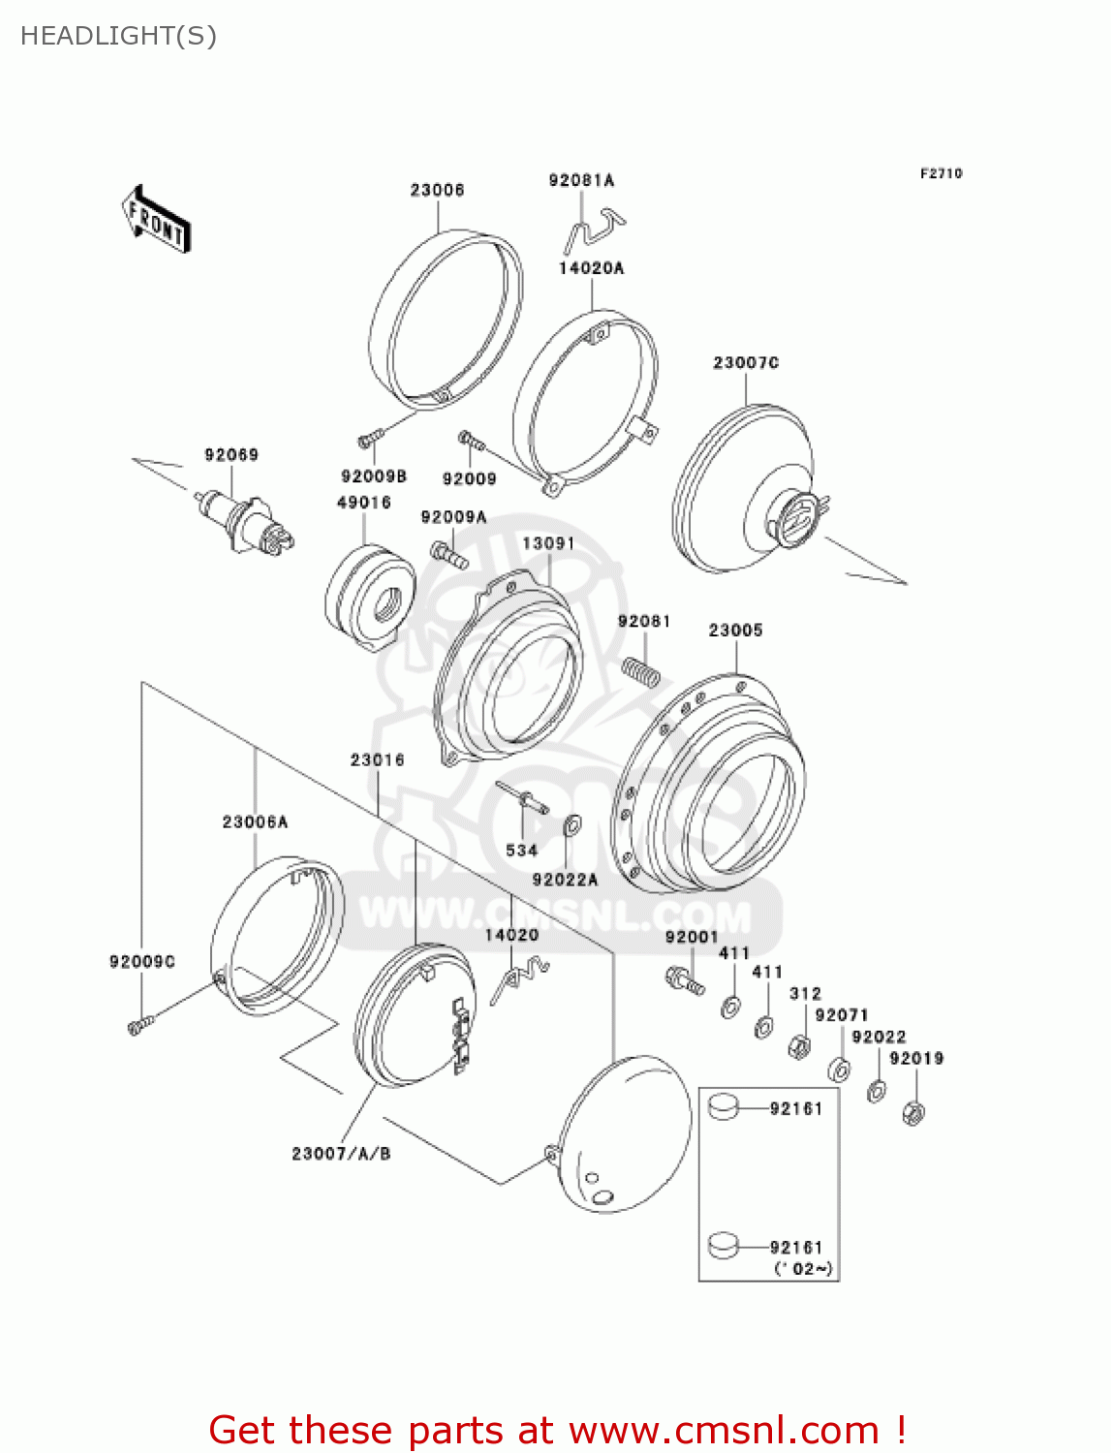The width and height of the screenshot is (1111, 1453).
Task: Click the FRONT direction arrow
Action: click(x=156, y=220)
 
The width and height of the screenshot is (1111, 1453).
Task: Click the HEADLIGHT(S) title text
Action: click(x=118, y=36)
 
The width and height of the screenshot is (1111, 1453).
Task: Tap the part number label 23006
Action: click(x=437, y=190)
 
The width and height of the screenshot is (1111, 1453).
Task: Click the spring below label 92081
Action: click(x=639, y=670)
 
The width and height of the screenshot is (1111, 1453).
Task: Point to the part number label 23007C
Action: click(x=746, y=362)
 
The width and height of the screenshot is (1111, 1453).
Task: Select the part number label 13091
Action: click(x=548, y=543)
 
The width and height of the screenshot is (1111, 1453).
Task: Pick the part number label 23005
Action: click(x=735, y=631)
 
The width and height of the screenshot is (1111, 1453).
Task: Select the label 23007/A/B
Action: click(x=341, y=1154)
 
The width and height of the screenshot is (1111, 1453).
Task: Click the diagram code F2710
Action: click(x=941, y=173)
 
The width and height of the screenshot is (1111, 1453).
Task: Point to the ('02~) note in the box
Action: click(x=803, y=1269)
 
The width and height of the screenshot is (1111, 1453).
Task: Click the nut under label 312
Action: click(x=799, y=1046)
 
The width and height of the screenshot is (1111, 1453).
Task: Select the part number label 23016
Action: click(x=377, y=760)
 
